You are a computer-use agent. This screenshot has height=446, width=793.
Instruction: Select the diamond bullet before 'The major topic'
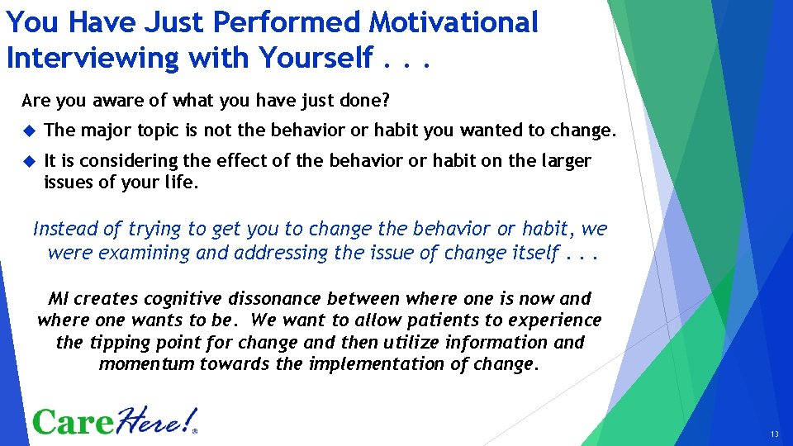pyautogui.click(x=29, y=130)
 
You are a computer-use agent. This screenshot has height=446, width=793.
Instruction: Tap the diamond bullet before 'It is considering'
pyautogui.click(x=29, y=161)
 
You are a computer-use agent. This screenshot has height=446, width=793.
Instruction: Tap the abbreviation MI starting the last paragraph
pyautogui.click(x=59, y=299)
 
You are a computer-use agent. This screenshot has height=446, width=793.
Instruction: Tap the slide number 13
pyautogui.click(x=773, y=434)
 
